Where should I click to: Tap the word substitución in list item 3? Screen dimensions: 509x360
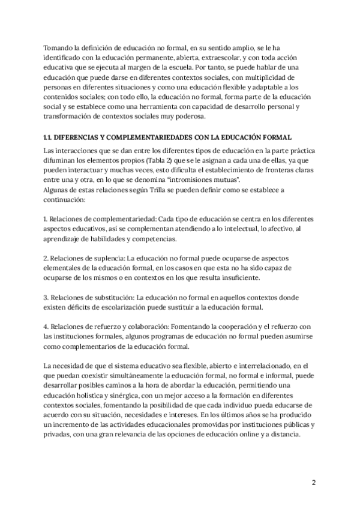(x=110, y=298)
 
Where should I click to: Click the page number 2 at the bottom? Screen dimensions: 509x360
(x=313, y=483)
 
